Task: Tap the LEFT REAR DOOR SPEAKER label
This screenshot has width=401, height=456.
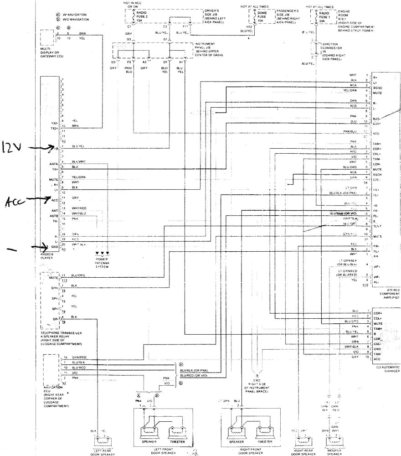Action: (100, 453)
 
